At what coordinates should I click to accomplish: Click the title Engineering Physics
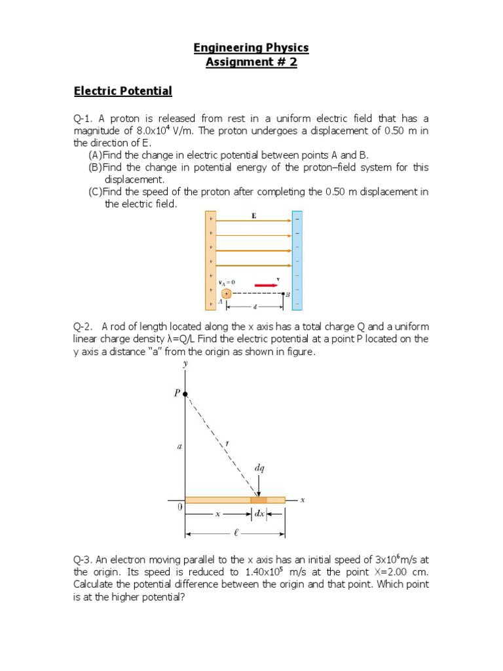point(251,48)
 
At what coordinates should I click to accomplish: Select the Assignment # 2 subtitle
point(251,64)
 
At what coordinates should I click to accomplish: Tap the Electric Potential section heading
point(122,91)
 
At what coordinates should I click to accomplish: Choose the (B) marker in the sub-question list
point(96,168)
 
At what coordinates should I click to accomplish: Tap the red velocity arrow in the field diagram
point(265,286)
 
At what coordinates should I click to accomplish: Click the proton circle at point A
point(227,294)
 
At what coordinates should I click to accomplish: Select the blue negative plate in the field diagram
point(297,260)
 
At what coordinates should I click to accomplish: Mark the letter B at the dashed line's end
point(287,296)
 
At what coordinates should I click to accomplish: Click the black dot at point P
point(185,394)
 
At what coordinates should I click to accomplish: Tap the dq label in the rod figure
point(260,469)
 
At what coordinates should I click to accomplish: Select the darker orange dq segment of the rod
point(259,500)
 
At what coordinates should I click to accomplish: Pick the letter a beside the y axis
point(179,447)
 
